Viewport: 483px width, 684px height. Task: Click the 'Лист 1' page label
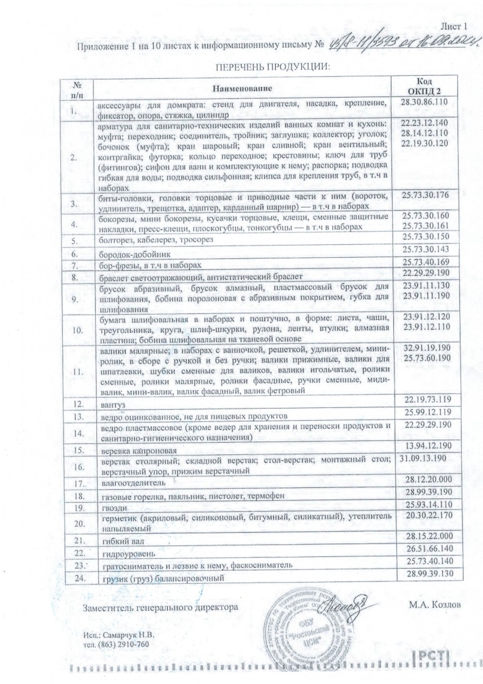453,26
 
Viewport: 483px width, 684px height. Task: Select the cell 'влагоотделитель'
133,482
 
